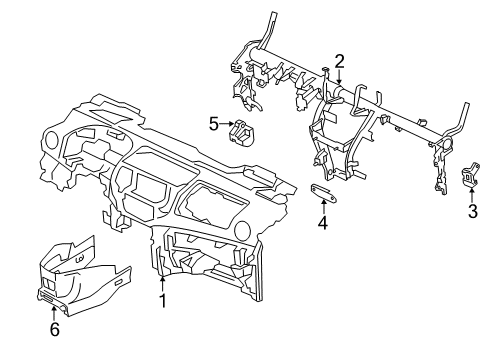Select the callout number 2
pyautogui.click(x=339, y=61)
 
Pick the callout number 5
pyautogui.click(x=213, y=124)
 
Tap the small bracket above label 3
pyautogui.click(x=468, y=178)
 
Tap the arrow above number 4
pyautogui.click(x=322, y=206)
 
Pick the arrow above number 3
pyautogui.click(x=471, y=195)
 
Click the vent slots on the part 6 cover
pyautogui.click(x=47, y=294)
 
